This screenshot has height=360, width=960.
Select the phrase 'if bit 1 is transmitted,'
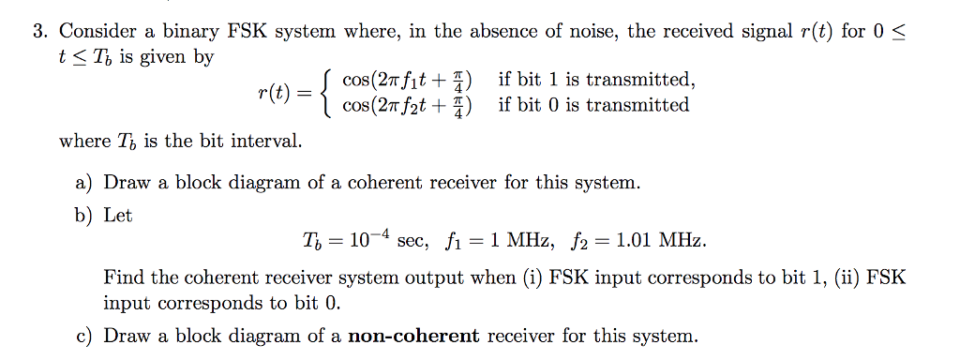click(x=596, y=80)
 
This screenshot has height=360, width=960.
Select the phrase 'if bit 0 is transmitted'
click(x=593, y=105)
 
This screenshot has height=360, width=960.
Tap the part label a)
click(x=84, y=183)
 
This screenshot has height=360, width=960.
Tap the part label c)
click(x=84, y=336)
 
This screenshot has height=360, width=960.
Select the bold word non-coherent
click(x=413, y=336)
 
